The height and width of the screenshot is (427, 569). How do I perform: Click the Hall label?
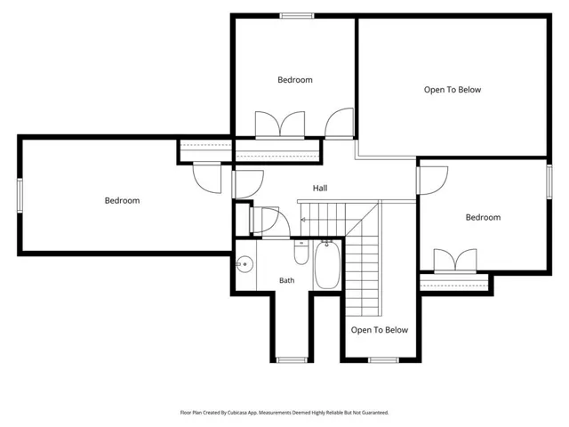[320, 188]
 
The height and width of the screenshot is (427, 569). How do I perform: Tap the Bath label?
[286, 280]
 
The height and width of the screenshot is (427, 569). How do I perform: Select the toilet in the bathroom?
[301, 252]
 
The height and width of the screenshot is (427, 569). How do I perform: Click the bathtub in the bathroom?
[327, 264]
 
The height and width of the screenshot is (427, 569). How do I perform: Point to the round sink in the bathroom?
[245, 264]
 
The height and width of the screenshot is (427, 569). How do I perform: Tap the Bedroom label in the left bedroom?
[123, 200]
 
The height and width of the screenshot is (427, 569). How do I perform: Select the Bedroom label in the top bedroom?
[295, 80]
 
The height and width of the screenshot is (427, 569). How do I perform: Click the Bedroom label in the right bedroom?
[483, 217]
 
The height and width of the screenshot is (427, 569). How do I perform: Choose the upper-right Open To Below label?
[453, 90]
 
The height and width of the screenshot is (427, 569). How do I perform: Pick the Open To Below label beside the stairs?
[380, 330]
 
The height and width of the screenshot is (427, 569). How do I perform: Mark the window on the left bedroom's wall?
[20, 196]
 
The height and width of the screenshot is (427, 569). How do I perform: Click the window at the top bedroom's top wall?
[297, 16]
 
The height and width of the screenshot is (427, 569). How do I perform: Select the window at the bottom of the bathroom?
[292, 360]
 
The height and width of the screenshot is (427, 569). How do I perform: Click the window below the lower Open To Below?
[383, 360]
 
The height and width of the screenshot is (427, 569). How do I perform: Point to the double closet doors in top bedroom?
[280, 125]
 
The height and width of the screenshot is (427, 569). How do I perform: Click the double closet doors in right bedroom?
[455, 262]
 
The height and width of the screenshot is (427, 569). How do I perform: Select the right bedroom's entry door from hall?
[432, 181]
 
